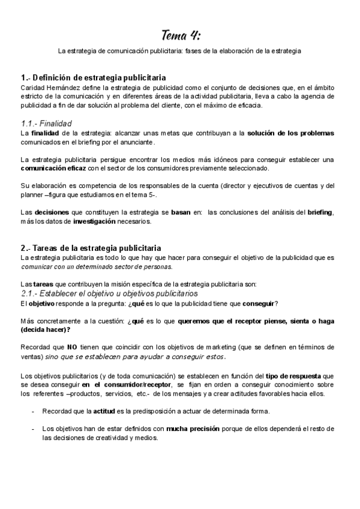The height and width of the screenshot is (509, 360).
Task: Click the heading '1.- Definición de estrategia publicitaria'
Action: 94,78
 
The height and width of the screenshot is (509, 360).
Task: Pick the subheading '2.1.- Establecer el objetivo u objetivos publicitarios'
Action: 115,294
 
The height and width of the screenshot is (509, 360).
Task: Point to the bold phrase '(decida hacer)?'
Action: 45,330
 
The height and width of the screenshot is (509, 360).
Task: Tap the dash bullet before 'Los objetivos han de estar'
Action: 32,429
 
